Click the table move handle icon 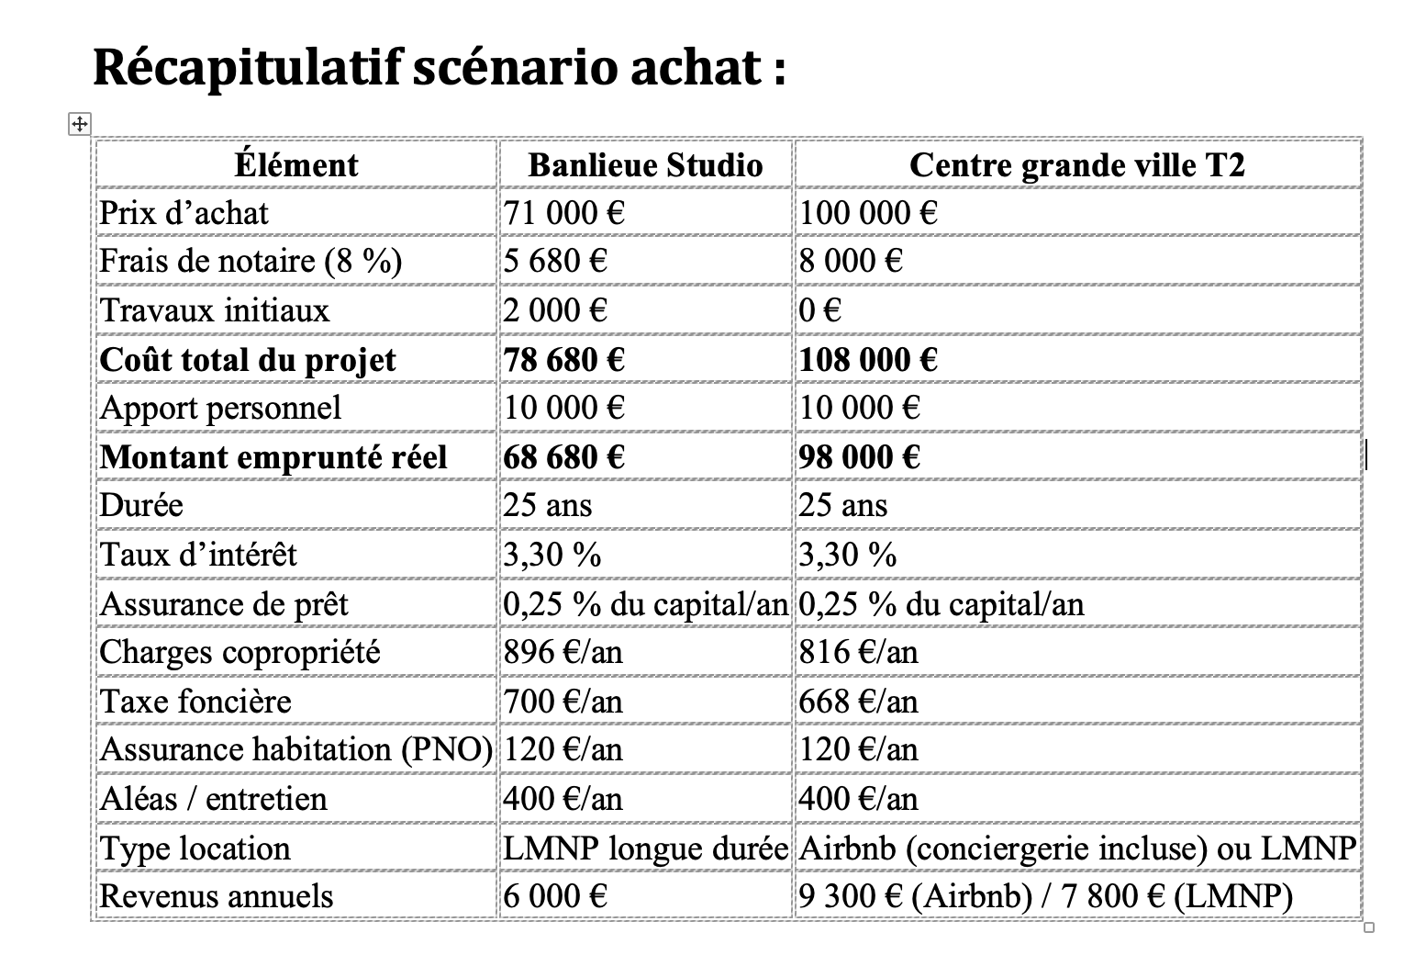coord(80,123)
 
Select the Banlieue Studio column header coord(645,165)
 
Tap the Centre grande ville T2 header coord(1076,165)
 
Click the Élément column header coord(295,165)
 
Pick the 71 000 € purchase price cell coord(563,213)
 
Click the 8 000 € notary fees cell coord(851,262)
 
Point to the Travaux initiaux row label coord(214,310)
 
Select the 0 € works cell coord(819,310)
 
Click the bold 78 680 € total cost coord(563,359)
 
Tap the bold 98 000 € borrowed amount coord(859,456)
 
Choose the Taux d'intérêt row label coord(198,555)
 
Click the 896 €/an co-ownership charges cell coord(563,652)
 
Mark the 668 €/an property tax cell coord(858,702)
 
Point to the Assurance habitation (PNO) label coord(295,750)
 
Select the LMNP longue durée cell coord(645,848)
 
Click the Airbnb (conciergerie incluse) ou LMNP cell coord(1076,848)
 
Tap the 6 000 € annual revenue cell coord(555,896)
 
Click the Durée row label coord(141,505)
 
